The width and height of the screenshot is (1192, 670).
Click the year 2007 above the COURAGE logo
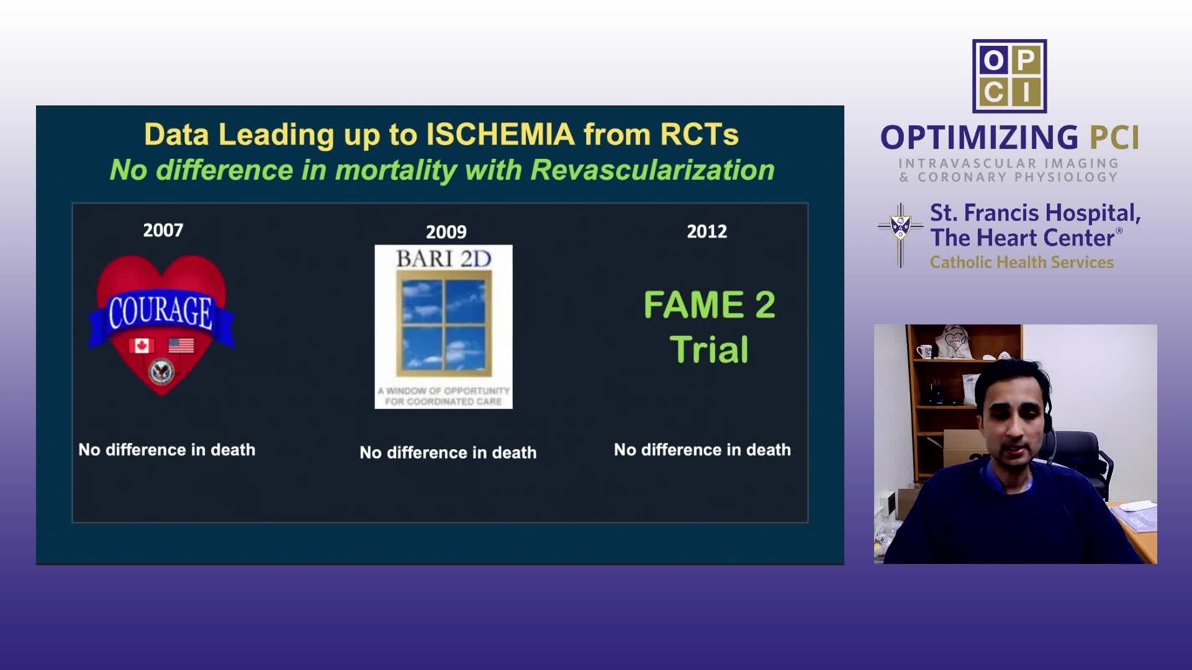coord(163,231)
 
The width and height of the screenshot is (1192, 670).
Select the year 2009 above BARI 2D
coord(446,233)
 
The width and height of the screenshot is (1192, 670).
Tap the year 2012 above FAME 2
coord(707,231)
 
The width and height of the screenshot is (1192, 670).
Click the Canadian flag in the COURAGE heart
coord(142,346)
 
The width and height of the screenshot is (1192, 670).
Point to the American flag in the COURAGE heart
coord(181,346)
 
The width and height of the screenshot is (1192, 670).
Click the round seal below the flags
coord(162,372)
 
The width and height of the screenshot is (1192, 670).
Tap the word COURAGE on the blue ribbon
coord(161,311)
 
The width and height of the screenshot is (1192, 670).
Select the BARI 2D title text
coord(443,259)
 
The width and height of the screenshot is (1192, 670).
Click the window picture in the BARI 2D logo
coord(444,323)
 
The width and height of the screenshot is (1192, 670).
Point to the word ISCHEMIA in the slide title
coord(500,135)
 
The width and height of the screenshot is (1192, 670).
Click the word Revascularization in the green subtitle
coord(652,170)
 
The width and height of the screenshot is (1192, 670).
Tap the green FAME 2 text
coord(710,305)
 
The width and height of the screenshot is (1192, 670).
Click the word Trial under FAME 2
coord(709,349)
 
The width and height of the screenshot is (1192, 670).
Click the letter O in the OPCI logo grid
coord(993,60)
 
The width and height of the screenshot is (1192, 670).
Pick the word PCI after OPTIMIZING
coord(1115,138)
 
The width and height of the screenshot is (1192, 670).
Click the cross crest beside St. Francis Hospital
coord(900,235)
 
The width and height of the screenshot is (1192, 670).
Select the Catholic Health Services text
coord(1022,262)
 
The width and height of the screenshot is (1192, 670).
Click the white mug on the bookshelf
coord(924,352)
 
